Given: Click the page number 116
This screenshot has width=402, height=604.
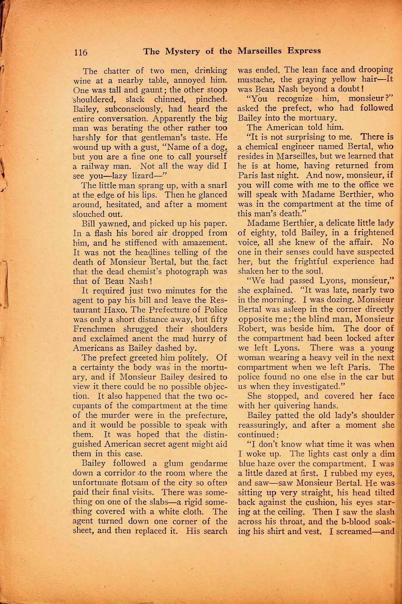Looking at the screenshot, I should pyautogui.click(x=81, y=52).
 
